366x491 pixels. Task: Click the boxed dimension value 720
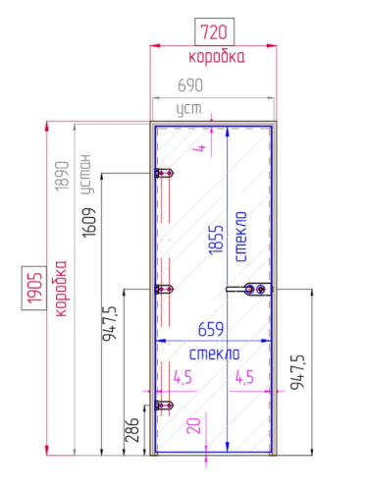click(214, 32)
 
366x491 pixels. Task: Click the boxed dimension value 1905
click(34, 288)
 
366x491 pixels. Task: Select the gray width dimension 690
click(190, 85)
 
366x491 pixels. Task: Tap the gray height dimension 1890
click(62, 176)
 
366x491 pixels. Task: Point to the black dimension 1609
click(89, 223)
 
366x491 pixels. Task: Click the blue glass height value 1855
click(216, 240)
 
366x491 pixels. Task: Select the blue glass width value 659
click(211, 329)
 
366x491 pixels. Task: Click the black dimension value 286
click(132, 430)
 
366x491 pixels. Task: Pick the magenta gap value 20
click(193, 425)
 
